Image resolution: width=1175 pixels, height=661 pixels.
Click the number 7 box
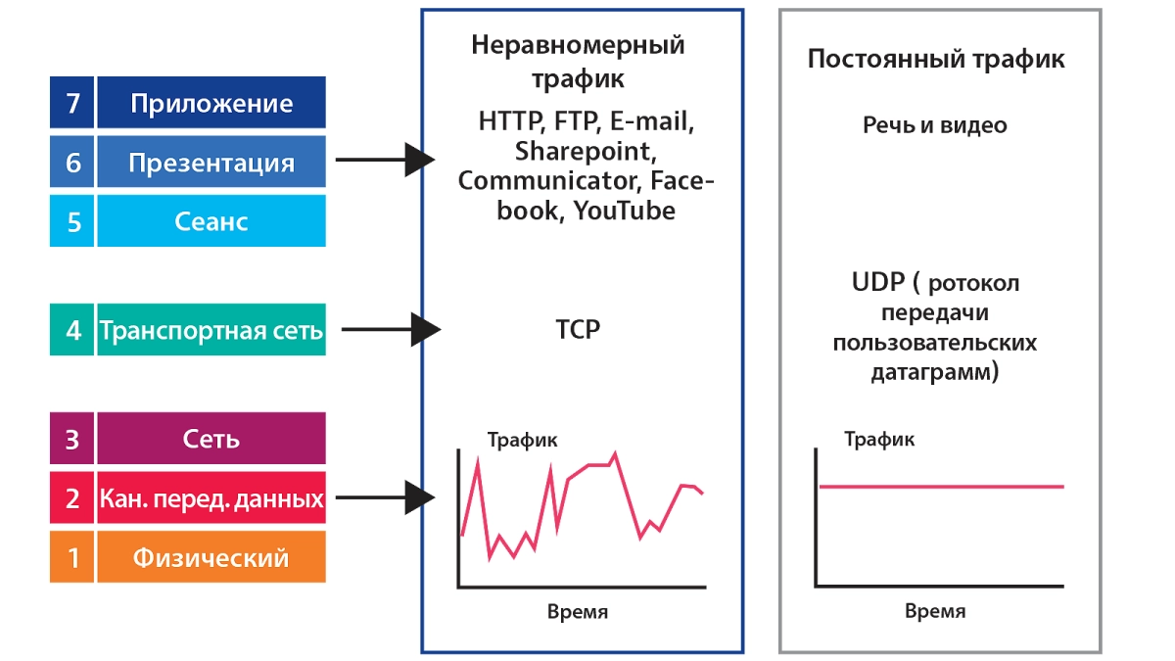pos(71,102)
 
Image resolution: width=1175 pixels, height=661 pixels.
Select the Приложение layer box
pos(211,102)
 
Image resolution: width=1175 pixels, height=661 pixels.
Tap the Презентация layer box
pos(211,162)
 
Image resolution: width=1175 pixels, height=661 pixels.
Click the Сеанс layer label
pos(211,221)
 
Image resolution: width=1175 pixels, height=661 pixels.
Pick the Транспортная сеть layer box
pos(211,329)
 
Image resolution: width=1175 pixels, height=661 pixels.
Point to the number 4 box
pos(71,329)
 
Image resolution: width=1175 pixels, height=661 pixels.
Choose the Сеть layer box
pos(211,438)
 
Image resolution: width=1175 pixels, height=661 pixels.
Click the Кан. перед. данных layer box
pos(211,497)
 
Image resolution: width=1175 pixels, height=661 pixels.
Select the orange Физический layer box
pos(211,556)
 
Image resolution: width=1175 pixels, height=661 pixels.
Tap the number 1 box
pos(71,556)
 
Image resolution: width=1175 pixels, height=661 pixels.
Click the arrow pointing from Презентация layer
pos(385,160)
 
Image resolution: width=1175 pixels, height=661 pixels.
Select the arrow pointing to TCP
pos(391,329)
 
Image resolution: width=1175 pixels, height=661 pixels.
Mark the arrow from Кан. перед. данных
pos(385,497)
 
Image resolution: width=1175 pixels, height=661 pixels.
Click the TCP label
pos(578,329)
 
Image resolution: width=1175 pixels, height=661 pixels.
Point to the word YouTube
pos(625,211)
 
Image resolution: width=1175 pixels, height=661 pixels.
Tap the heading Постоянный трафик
pos(936,59)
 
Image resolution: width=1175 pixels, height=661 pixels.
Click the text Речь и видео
pos(935,125)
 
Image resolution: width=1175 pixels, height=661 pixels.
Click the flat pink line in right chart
pos(942,487)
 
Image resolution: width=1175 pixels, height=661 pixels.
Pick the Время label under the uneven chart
pos(578,612)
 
